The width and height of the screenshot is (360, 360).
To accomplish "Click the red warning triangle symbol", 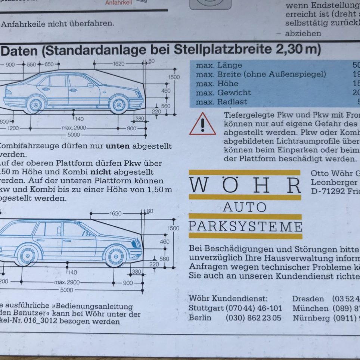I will pos(202,124).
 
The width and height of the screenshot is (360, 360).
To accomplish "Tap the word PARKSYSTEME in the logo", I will pos(245,226).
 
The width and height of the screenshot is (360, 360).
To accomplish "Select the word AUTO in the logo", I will pos(245,207).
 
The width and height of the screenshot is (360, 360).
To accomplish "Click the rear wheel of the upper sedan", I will pos(35,105).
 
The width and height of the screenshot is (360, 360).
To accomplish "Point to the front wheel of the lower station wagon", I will pos(115,257).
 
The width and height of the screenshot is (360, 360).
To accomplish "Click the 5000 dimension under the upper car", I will pos(73,135).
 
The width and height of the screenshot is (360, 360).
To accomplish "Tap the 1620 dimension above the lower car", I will pos(115,214).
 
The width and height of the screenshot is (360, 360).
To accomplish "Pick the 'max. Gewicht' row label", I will pos(223,93).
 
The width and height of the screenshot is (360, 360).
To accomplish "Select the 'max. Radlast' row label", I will pos(221,102).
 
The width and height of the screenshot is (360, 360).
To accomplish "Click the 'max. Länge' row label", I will pos(219,65).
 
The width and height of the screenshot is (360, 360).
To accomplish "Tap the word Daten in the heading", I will pos(22,50).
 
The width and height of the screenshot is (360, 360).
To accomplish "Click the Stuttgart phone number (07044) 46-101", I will pos(254,308).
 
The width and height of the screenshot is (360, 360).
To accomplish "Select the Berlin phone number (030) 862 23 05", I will pos(253,318).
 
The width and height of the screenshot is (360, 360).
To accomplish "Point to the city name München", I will pos(310,308).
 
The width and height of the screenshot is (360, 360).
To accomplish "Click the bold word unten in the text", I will pos(117,146).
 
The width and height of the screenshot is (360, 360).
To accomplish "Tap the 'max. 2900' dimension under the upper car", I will pos(74,128).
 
